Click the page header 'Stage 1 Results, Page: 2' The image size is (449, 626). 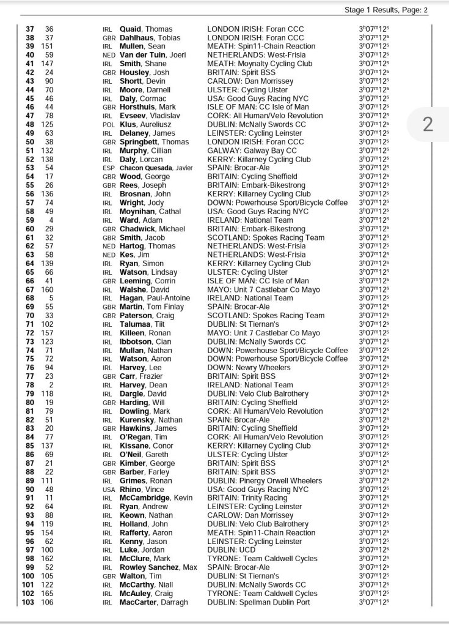pos(386,10)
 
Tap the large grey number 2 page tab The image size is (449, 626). pos(428,125)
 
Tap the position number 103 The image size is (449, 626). pos(28,603)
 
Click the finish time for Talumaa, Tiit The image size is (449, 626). pos(374,324)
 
